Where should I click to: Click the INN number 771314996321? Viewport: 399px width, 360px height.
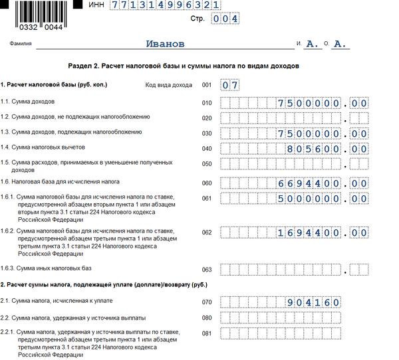pyautogui.click(x=165, y=5)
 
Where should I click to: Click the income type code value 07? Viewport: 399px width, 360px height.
pyautogui.click(x=230, y=85)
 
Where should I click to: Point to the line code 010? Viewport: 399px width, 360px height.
pyautogui.click(x=206, y=102)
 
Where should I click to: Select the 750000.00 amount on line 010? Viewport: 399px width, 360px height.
pyautogui.click(x=323, y=103)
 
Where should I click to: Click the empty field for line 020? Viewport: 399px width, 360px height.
pyautogui.click(x=293, y=118)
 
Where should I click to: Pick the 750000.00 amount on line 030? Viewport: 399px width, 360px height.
pyautogui.click(x=323, y=134)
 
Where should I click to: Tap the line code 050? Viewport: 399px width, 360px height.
pyautogui.click(x=206, y=163)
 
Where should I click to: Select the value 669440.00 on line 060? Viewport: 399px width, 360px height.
pyautogui.click(x=323, y=183)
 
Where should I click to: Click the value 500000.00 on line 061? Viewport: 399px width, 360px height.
pyautogui.click(x=323, y=198)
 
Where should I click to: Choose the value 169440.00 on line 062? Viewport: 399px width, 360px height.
pyautogui.click(x=323, y=232)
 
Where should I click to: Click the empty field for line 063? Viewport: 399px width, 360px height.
pyautogui.click(x=293, y=269)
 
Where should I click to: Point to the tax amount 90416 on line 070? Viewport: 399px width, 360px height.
pyautogui.click(x=313, y=302)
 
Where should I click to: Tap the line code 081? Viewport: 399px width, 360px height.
pyautogui.click(x=206, y=333)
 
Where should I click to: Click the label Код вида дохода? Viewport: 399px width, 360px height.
pyautogui.click(x=169, y=85)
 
